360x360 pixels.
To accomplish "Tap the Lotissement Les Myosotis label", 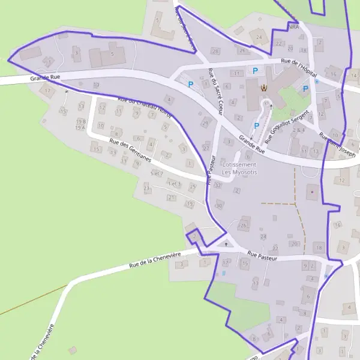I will (x=239, y=169).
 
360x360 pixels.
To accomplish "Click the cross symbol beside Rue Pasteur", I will (x=226, y=244).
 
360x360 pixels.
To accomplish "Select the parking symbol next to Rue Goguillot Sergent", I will (x=257, y=125).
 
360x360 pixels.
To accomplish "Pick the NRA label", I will (x=293, y=26).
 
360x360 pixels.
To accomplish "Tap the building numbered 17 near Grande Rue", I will (x=48, y=90).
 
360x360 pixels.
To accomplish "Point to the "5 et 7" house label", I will (x=157, y=173).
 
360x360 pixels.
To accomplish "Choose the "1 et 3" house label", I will (x=175, y=183).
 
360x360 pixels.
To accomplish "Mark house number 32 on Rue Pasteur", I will (x=217, y=185).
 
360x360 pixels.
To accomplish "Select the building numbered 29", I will (x=205, y=124).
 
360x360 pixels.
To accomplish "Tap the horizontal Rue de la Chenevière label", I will (x=155, y=260).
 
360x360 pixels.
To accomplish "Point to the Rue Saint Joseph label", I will (x=337, y=143).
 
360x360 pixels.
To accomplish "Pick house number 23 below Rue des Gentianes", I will (x=146, y=188).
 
